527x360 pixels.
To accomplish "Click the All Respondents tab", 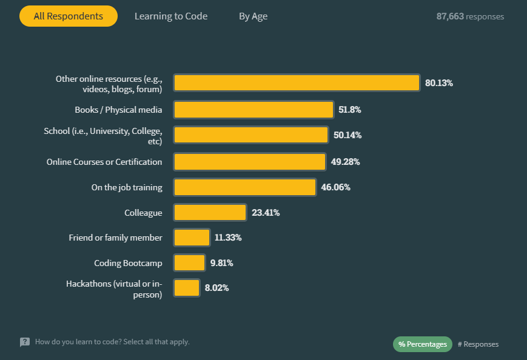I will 68,16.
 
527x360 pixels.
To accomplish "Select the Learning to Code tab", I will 171,16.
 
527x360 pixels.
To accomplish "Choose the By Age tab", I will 253,16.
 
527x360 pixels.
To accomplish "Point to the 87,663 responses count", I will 470,16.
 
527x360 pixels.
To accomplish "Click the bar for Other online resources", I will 297,83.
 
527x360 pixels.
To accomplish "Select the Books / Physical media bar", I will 253,110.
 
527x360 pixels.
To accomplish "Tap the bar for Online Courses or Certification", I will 250,162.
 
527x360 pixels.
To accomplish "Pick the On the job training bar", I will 245,187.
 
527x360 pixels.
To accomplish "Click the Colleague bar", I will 210,213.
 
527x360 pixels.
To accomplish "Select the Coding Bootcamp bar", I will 189,263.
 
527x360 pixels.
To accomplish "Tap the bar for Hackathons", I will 187,288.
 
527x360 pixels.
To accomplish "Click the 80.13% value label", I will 439,83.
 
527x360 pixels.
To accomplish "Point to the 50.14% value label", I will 347,135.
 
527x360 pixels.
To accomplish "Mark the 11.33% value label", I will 228,238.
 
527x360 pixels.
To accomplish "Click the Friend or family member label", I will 115,238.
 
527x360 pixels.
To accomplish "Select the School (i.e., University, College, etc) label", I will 103,136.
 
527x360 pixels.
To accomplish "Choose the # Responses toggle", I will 478,344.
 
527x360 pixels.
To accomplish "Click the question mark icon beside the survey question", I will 25,342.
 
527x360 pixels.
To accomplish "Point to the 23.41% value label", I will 266,213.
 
